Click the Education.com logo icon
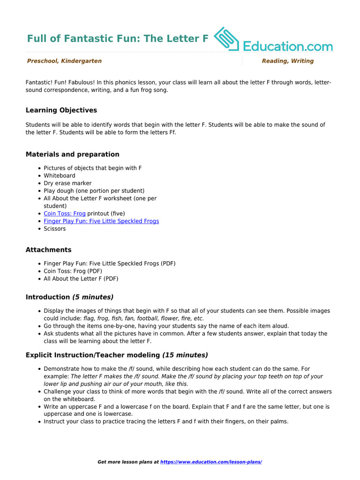pos(227,39)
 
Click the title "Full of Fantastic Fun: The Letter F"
pos(117,38)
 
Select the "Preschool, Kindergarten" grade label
pos(64,61)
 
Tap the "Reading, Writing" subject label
pos(287,61)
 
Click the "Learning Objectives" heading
pos(61,110)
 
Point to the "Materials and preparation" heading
pos(72,154)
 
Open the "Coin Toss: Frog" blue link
pos(65,213)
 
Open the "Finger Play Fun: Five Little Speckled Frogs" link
pos(101,221)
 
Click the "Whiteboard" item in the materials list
pos(60,175)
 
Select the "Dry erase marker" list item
pos(67,183)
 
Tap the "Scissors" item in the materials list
pos(55,229)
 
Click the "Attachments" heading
pos(48,250)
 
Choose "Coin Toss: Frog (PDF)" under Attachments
pos(73,271)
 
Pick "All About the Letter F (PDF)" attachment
pos(81,278)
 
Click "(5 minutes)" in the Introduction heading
pos(92,297)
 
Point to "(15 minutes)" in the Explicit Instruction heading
pos(185,355)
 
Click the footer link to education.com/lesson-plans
pos(211,462)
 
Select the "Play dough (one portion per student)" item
pos(94,191)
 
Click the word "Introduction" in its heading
pos(47,297)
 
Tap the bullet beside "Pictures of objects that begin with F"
pos(38,168)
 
